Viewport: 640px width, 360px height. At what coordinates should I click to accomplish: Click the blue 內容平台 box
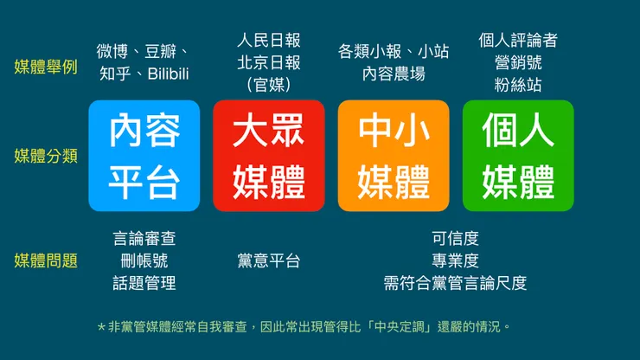coord(144,156)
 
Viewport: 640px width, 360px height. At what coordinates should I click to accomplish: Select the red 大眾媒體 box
coord(269,156)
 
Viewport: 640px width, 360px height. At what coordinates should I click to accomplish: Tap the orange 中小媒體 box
coord(394,156)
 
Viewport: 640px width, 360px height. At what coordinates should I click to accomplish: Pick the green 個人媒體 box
coord(518,156)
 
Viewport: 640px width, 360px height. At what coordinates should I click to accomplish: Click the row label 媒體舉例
coord(46,67)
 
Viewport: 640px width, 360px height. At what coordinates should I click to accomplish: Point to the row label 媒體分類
coord(46,156)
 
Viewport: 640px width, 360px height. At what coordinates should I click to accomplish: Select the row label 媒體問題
coord(46,260)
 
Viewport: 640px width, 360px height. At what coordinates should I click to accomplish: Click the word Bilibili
coord(163,74)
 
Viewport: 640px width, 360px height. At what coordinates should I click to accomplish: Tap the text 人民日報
coord(269,40)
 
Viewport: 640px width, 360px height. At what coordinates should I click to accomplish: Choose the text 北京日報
coord(269,62)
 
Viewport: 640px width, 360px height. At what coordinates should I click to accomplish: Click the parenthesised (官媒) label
coord(269,85)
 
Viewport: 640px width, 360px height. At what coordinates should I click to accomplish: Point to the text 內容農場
coord(394,74)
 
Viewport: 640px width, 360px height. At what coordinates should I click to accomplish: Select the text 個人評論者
coord(518,40)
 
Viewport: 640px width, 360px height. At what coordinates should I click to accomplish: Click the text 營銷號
coord(518,62)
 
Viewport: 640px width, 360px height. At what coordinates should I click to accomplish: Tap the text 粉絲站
coord(518,85)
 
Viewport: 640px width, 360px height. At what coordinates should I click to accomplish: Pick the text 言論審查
coord(144,238)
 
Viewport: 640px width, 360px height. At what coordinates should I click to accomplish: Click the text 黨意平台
coord(269,260)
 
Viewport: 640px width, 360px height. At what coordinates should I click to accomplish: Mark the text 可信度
coord(455,238)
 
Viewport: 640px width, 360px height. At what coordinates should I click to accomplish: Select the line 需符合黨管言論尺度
coord(455,283)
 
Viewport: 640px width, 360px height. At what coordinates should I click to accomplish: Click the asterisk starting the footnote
coord(101,327)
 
